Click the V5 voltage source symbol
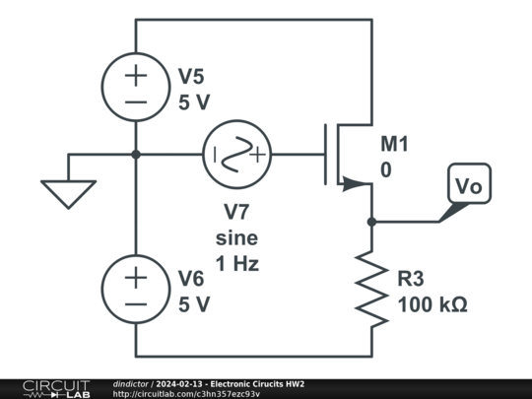pyautogui.click(x=136, y=88)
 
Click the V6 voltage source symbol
pyautogui.click(x=136, y=289)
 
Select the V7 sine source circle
pyautogui.click(x=236, y=155)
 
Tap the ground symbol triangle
pyautogui.click(x=68, y=192)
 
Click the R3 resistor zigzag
pyautogui.click(x=371, y=289)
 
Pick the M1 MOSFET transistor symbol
pyautogui.click(x=345, y=155)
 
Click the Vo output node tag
pyautogui.click(x=468, y=185)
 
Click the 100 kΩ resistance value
pyautogui.click(x=432, y=304)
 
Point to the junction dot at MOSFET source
pyautogui.click(x=371, y=222)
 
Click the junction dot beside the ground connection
pyautogui.click(x=136, y=155)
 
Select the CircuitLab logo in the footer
pyautogui.click(x=55, y=388)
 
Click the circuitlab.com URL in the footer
pyautogui.click(x=186, y=394)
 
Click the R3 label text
pyautogui.click(x=413, y=280)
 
